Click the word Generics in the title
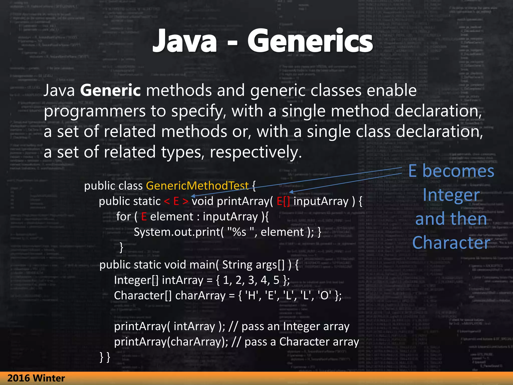tap(310, 41)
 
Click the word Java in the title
tap(185, 41)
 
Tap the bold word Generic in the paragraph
tap(110, 90)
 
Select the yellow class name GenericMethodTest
tap(197, 186)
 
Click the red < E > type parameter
tap(176, 201)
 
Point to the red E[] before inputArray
tap(283, 201)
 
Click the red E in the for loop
tap(144, 217)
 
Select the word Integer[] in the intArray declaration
tap(136, 280)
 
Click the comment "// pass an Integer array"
tap(289, 327)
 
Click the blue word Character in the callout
tap(451, 243)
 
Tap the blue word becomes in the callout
tap(458, 171)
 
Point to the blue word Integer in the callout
tap(451, 195)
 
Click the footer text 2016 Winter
tap(36, 378)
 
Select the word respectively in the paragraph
tap(255, 152)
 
